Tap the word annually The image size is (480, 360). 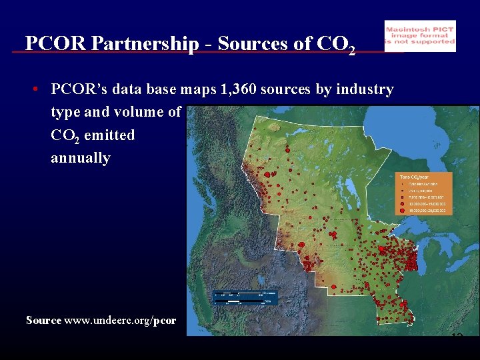click(x=80, y=159)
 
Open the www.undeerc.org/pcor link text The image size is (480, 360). click(x=120, y=321)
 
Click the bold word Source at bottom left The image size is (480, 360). click(x=43, y=321)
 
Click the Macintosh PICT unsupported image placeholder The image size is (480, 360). click(x=420, y=36)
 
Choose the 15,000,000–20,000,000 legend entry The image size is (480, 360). click(x=427, y=210)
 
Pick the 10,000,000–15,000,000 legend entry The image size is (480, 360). click(x=427, y=203)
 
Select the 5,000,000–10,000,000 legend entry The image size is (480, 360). click(x=427, y=197)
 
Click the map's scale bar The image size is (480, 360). click(x=244, y=297)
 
